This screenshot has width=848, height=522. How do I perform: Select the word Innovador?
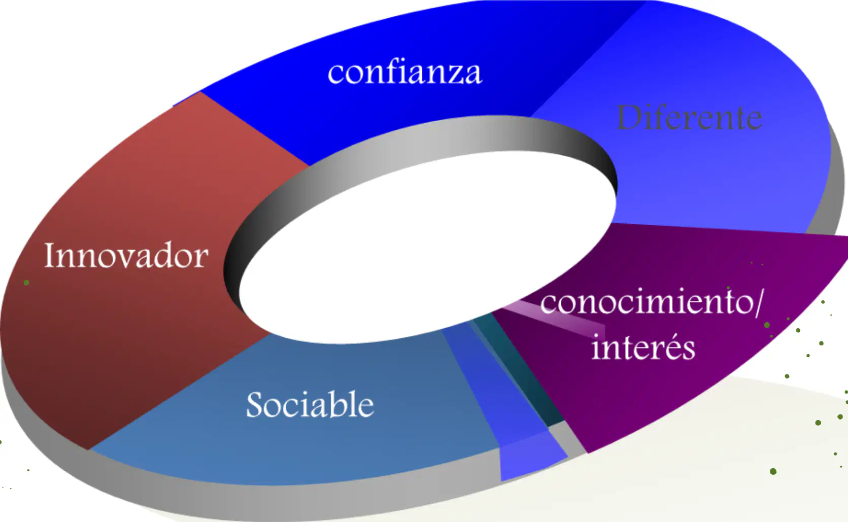click(126, 256)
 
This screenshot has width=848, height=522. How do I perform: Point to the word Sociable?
click(310, 404)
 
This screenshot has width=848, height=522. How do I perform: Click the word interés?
click(643, 346)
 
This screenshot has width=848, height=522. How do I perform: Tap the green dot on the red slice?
click(26, 283)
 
